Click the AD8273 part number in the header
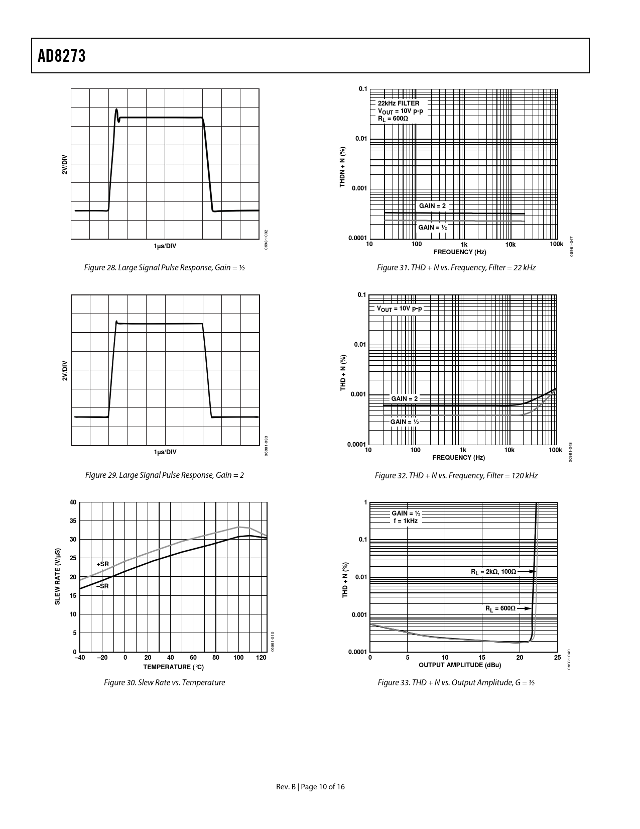coord(62,56)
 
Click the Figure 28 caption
coord(165,268)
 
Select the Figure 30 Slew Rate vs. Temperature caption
coord(164,682)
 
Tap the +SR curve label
coord(102,565)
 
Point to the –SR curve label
coord(102,586)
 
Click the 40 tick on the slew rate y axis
coord(73,502)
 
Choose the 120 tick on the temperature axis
coord(261,658)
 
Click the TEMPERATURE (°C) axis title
coord(173,667)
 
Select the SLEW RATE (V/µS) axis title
coord(58,577)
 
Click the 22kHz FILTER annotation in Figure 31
coord(399,103)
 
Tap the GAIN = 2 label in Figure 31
coord(432,206)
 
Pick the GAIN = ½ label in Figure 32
coord(405,422)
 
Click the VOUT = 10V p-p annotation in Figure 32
coord(400,308)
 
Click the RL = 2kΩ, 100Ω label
coord(493,572)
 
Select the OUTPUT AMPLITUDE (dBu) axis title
coord(460,665)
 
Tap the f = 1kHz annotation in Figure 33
coord(406,521)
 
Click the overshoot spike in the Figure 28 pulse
coord(117,112)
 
